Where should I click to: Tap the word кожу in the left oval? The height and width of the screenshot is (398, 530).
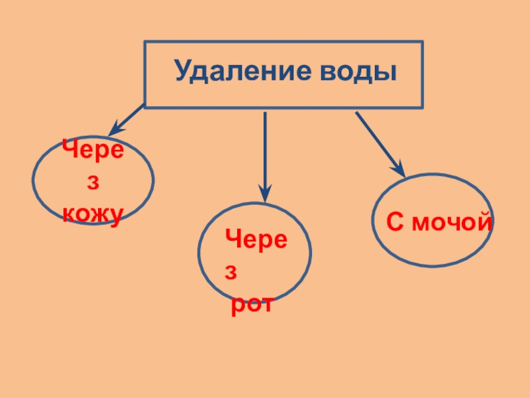click(93, 214)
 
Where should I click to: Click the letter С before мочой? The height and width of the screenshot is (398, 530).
click(396, 223)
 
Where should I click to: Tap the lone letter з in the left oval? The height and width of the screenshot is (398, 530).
click(93, 181)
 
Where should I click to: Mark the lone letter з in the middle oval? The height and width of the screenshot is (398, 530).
click(232, 273)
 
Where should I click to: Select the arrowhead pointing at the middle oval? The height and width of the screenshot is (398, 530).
click(265, 194)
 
